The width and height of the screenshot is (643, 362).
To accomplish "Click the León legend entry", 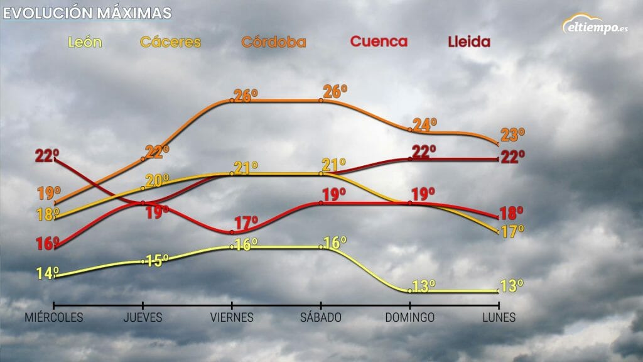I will tap(84, 43).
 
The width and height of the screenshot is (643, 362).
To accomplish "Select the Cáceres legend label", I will tap(170, 43).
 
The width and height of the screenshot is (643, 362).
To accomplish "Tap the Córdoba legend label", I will tap(274, 43).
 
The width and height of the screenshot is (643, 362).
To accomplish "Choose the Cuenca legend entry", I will tap(379, 42).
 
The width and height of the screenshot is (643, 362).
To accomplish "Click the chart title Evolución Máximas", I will tap(87, 13).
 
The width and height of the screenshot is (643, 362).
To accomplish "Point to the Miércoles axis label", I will tap(54, 317).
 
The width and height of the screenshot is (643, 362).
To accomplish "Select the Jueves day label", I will tap(143, 317).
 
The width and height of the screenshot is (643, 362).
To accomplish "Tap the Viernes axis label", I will tap(232, 317).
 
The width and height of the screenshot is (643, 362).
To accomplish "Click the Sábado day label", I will tap(321, 317).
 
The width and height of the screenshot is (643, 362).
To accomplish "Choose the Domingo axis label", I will tap(410, 317).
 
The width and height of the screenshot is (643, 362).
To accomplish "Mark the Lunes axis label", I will tap(499, 317).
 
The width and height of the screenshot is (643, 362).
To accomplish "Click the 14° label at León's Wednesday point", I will tap(48, 273).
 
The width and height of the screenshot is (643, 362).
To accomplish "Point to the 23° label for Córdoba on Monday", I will tap(512, 134).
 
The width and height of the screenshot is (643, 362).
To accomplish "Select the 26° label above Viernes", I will tap(246, 96).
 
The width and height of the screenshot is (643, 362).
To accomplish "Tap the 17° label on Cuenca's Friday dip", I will tap(246, 222).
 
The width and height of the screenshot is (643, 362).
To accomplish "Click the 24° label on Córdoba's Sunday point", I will tap(425, 124).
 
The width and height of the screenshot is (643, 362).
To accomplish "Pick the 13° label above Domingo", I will tap(424, 287).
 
